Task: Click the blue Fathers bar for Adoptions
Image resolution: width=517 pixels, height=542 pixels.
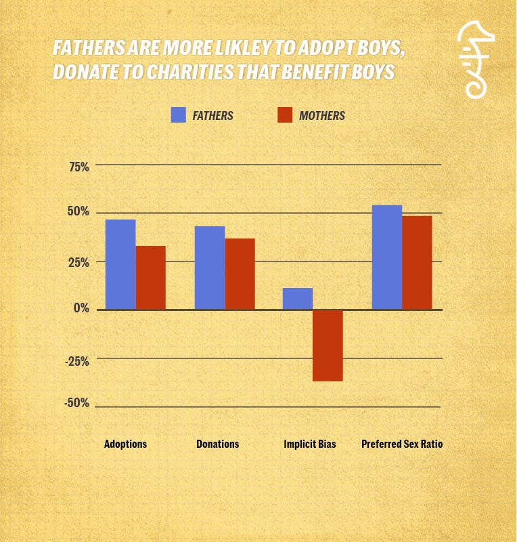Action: (120, 264)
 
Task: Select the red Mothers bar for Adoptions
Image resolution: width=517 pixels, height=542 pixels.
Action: (150, 278)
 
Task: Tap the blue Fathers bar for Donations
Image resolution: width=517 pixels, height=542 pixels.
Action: (210, 268)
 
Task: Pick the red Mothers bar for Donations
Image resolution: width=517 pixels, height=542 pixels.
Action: (240, 274)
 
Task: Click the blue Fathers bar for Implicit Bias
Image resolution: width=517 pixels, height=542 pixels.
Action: (298, 299)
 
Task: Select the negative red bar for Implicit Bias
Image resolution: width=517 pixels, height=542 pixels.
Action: (328, 346)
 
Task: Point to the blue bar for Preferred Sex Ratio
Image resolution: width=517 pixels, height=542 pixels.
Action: (387, 257)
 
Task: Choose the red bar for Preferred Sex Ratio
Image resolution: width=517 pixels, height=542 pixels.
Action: (417, 263)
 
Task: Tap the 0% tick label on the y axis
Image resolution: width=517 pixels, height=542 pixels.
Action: (82, 309)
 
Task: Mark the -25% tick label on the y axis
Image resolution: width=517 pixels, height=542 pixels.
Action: (78, 360)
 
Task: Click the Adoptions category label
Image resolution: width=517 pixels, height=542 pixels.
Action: (125, 444)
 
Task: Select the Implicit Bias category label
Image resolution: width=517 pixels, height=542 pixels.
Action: (309, 444)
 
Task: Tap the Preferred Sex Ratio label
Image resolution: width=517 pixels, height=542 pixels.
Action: (402, 444)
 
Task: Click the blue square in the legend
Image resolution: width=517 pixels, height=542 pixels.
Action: (179, 115)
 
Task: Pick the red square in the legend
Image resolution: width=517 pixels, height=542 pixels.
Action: (285, 115)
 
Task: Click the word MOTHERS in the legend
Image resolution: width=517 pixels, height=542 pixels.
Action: (322, 116)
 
